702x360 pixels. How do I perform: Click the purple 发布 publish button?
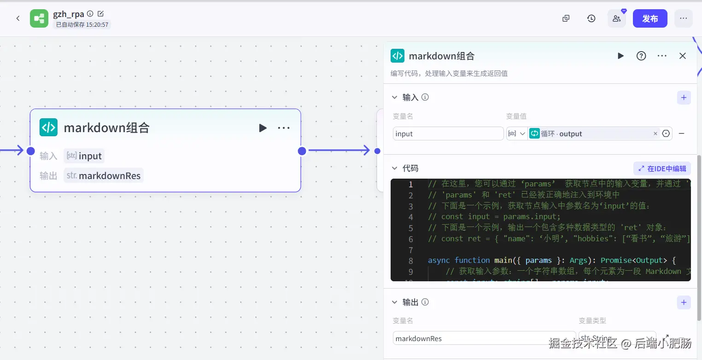pos(650,19)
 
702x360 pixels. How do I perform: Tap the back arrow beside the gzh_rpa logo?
pos(18,19)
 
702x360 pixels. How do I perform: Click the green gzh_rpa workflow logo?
pos(39,19)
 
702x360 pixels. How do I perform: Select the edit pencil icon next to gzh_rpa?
pos(101,14)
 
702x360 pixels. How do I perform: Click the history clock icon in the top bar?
pos(591,19)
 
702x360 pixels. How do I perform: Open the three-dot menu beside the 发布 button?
pos(683,19)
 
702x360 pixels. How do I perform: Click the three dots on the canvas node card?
pos(284,128)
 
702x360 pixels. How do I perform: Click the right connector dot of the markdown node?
pos(302,151)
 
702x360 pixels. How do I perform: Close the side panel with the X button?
pos(683,56)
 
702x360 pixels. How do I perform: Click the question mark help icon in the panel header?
pos(641,56)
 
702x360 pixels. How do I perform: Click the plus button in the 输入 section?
pos(684,98)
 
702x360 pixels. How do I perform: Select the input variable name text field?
pos(448,134)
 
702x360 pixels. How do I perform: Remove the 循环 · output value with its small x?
pos(655,134)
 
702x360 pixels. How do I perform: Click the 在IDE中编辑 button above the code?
pos(662,168)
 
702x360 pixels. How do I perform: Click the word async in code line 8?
pos(439,261)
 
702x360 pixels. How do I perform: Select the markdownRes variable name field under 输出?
pos(484,339)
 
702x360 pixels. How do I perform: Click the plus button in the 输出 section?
pos(684,302)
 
